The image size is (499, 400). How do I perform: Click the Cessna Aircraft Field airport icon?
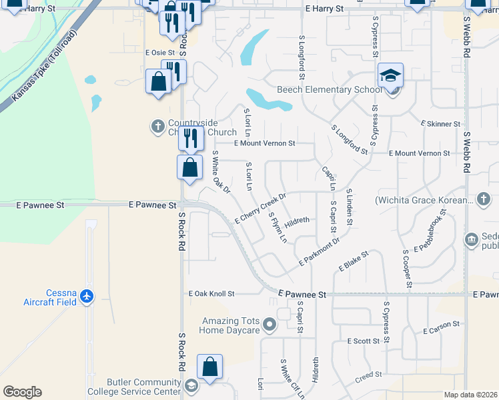tap(86, 295)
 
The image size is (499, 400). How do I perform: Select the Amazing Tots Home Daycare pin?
tap(270, 325)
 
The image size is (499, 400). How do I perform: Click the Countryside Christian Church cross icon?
tap(158, 125)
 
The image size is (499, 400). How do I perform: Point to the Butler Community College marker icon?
tap(191, 386)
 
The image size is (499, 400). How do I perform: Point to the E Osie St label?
tap(159, 52)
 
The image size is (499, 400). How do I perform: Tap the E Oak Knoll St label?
tap(212, 293)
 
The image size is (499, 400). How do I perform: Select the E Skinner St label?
tap(440, 124)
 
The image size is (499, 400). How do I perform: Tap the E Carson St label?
tap(441, 327)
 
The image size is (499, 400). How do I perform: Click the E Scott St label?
tap(364, 341)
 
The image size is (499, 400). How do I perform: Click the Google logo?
tap(22, 392)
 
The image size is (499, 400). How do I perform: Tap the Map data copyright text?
tap(470, 395)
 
